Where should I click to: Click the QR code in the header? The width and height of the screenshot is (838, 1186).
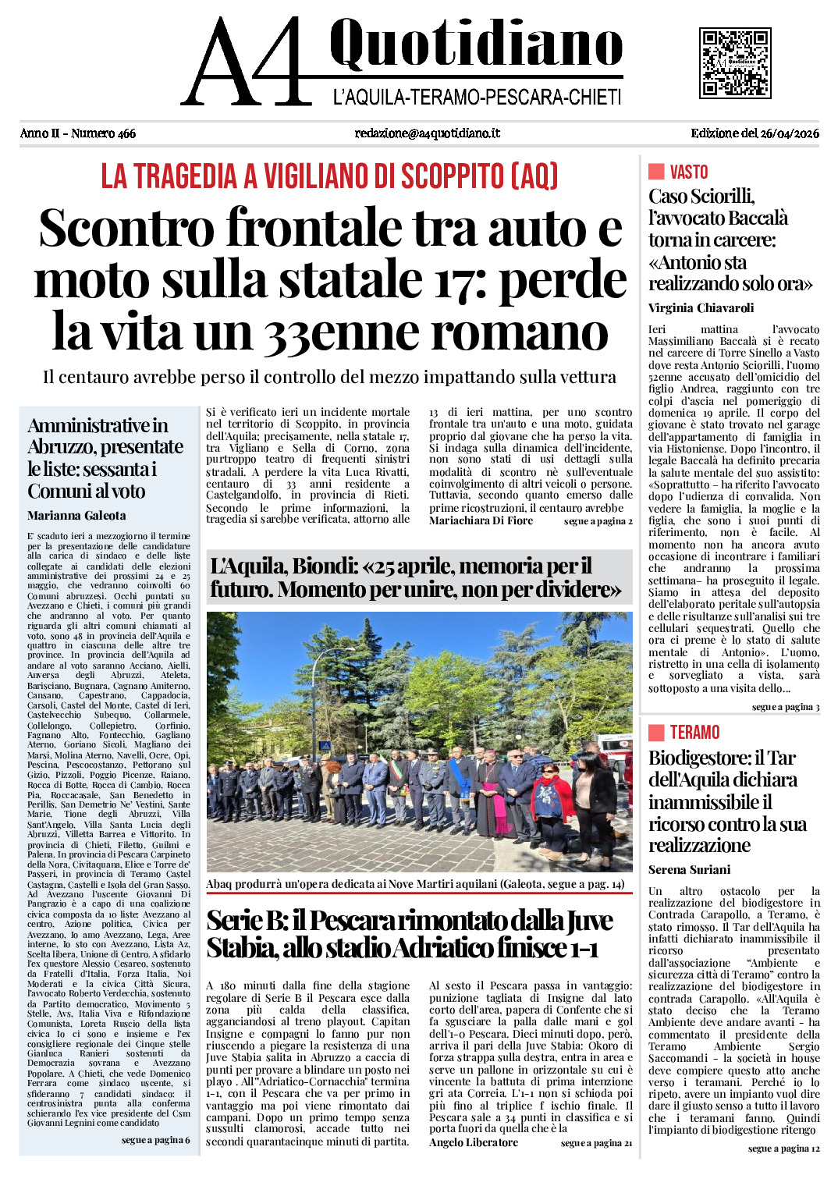click(x=735, y=62)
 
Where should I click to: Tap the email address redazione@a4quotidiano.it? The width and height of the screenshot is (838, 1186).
click(x=427, y=133)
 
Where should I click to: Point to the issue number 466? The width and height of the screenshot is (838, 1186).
click(x=126, y=133)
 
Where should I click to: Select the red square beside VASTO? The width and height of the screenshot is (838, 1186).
click(x=656, y=172)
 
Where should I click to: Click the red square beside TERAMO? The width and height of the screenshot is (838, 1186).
click(x=656, y=732)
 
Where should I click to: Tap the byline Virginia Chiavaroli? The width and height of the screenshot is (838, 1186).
click(x=701, y=307)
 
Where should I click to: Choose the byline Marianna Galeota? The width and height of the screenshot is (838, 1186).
click(x=76, y=516)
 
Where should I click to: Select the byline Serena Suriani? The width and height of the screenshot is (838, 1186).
click(x=689, y=869)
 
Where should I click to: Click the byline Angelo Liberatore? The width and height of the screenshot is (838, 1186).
click(x=473, y=1142)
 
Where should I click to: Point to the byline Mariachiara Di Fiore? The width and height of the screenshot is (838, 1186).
click(x=481, y=520)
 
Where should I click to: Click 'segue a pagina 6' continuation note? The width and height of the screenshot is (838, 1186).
click(x=155, y=1140)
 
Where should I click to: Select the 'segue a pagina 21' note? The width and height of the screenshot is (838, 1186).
click(x=596, y=1143)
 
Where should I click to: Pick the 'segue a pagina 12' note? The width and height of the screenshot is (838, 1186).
click(x=783, y=1149)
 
